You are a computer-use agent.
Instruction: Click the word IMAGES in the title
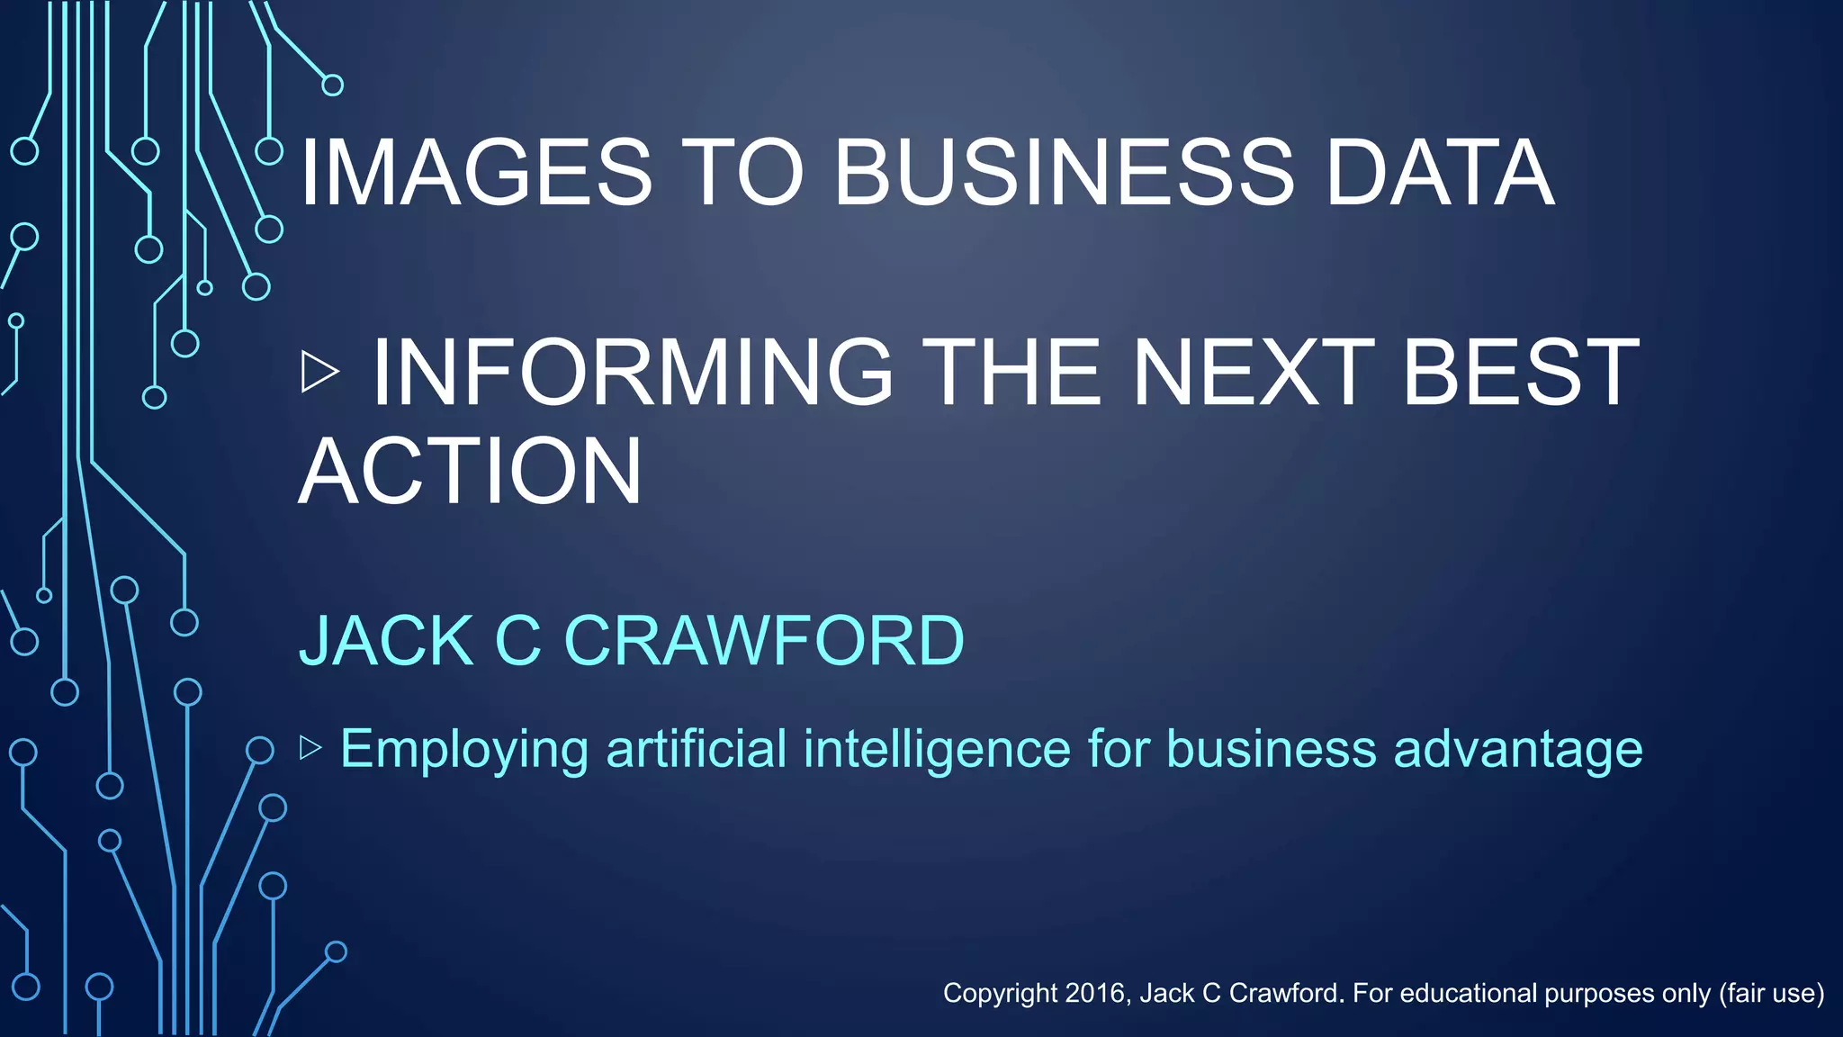click(x=475, y=173)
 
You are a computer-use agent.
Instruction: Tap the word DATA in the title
click(x=1440, y=173)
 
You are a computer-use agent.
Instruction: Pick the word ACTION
click(x=470, y=471)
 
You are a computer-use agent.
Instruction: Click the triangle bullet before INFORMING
click(x=319, y=372)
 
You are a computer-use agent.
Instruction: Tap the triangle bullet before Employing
click(x=310, y=747)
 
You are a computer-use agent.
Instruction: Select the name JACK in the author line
click(x=386, y=641)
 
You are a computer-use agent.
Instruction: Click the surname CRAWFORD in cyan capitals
click(x=764, y=641)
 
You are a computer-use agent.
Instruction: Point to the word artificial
click(x=697, y=749)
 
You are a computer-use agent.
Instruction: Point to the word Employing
click(x=464, y=749)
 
